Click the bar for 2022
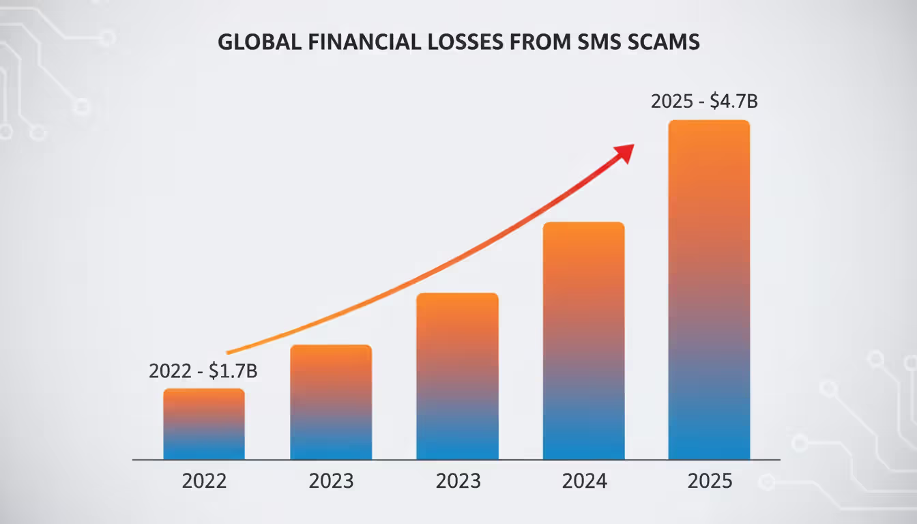[204, 424]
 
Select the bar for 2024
[584, 341]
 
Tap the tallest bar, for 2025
[709, 290]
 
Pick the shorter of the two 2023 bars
[331, 403]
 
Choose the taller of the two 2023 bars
[458, 377]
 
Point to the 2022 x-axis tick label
[204, 481]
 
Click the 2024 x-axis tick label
[584, 481]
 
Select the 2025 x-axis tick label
[710, 481]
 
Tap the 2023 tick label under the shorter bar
[331, 481]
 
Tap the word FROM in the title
[540, 42]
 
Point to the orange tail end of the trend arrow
[231, 352]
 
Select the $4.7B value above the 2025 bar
[734, 102]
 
